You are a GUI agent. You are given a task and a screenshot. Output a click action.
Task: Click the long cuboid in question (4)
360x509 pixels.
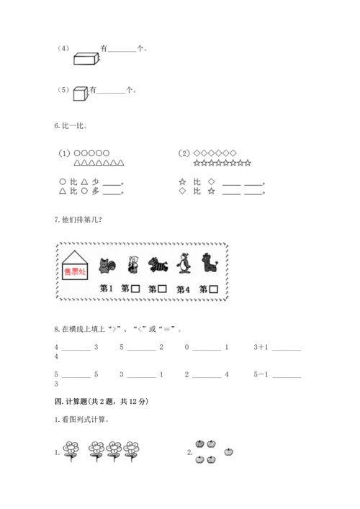pyautogui.click(x=86, y=58)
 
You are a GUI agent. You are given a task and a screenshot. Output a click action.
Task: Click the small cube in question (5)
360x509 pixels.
pyautogui.click(x=80, y=92)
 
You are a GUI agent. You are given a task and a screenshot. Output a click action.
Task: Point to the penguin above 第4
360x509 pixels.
pyautogui.click(x=184, y=264)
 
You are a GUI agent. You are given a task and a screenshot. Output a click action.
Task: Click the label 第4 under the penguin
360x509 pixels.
pyautogui.click(x=184, y=289)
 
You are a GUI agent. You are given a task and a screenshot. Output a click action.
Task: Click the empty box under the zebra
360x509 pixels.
pyautogui.click(x=162, y=289)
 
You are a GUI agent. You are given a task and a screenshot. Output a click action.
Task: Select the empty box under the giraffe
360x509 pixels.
pyautogui.click(x=214, y=289)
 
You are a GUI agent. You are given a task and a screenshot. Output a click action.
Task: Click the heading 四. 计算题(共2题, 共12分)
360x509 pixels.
pyautogui.click(x=99, y=401)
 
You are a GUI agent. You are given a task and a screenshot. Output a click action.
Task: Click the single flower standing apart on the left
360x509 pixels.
pyautogui.click(x=71, y=450)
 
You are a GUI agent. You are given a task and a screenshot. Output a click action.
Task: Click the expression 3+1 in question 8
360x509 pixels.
pyautogui.click(x=262, y=347)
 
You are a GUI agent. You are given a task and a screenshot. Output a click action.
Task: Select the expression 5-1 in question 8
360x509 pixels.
pyautogui.click(x=262, y=374)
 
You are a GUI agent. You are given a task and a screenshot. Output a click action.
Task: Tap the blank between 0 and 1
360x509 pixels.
pyautogui.click(x=207, y=348)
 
